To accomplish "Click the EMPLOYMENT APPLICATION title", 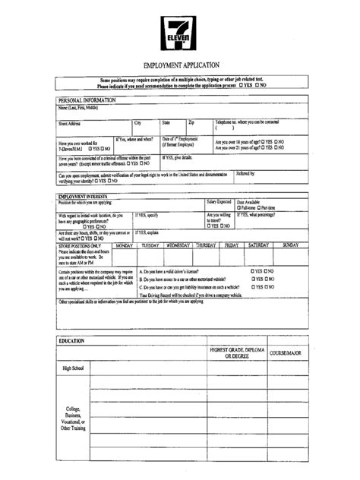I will coord(181,65).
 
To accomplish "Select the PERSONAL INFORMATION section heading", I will coord(86,100).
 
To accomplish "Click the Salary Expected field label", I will coord(220,202).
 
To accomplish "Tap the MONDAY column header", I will coord(125,245).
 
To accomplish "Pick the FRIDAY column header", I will coord(231,245).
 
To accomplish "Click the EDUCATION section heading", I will coord(71,341).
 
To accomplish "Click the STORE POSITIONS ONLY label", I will coord(80,245).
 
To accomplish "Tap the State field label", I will coord(166,122).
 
